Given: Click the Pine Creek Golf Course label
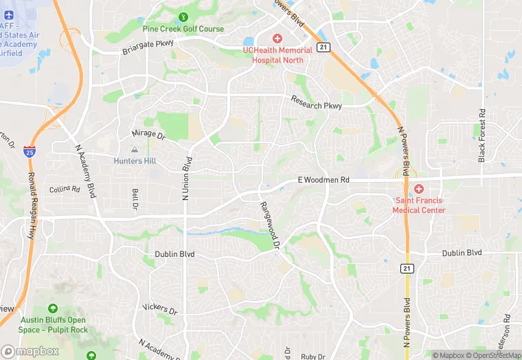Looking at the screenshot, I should click(x=183, y=29).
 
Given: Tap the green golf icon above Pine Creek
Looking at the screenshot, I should click(x=183, y=17).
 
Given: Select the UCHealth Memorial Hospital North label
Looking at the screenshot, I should click(x=277, y=54).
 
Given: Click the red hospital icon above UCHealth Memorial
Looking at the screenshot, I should click(x=277, y=38).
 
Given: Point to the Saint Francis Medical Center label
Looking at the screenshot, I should click(x=419, y=205).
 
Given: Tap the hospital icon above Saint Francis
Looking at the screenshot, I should click(x=418, y=189).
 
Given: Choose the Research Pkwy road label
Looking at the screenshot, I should click(x=316, y=102).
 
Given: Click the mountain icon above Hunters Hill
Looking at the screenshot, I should click(x=135, y=150).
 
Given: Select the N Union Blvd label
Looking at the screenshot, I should click(x=185, y=178).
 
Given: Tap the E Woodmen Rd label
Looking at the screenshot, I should click(x=324, y=180).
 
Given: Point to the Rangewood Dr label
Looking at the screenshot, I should click(x=270, y=225).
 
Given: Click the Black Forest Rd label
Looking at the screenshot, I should click(x=482, y=135).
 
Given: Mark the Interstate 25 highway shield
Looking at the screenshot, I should click(x=29, y=150).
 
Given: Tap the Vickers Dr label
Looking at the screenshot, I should click(x=159, y=308).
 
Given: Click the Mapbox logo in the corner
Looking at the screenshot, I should click(x=30, y=351).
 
